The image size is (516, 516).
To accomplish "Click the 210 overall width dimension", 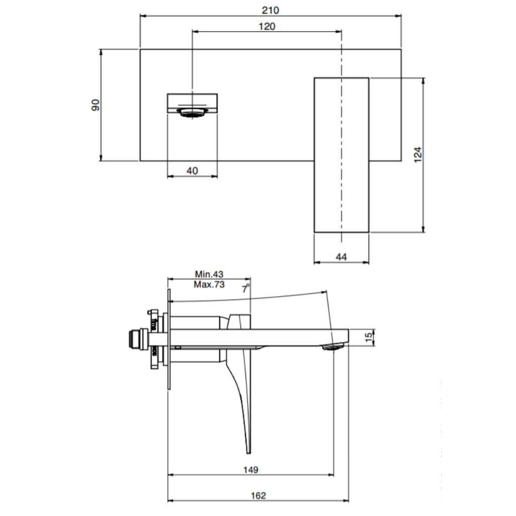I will point(271,10).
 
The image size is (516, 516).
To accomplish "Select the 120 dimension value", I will point(267,26).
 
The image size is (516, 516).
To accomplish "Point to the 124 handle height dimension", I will point(418,155).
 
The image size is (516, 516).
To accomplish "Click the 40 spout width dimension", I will point(192,171).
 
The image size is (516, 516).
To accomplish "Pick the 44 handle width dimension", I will point(341,257).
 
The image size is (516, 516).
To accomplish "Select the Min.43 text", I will point(209,274).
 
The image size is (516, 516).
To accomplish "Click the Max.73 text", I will point(209,284).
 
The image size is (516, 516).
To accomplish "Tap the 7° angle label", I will point(245,288).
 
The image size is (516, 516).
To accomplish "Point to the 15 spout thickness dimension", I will point(369,337).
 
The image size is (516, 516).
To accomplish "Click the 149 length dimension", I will point(250,470).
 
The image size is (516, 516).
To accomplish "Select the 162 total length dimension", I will point(258,495).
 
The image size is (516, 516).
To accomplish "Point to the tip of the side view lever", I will point(248,449).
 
